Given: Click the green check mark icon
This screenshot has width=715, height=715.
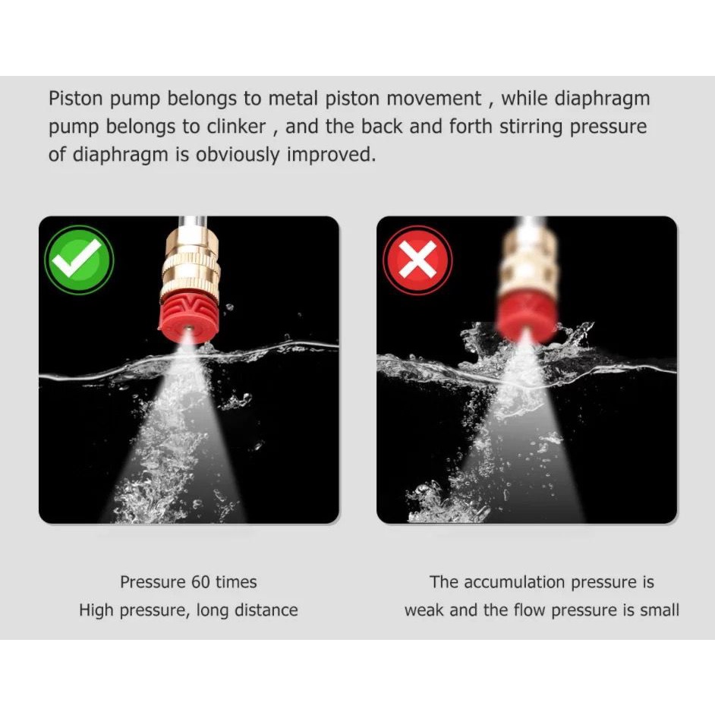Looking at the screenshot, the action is click(79, 260).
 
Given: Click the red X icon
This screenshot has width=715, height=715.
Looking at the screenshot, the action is click(417, 260).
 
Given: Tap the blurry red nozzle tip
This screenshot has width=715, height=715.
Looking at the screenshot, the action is click(526, 318).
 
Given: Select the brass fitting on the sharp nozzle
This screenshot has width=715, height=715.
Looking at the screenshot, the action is click(191, 263).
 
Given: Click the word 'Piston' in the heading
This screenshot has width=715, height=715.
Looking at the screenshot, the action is click(76, 99).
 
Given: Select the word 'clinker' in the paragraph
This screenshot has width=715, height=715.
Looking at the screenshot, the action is click(236, 127).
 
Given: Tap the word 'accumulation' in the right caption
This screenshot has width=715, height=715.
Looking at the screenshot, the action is click(515, 582).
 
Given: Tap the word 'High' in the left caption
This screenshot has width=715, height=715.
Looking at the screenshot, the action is click(96, 610).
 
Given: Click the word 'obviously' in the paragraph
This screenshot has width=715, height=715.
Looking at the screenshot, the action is click(237, 155).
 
